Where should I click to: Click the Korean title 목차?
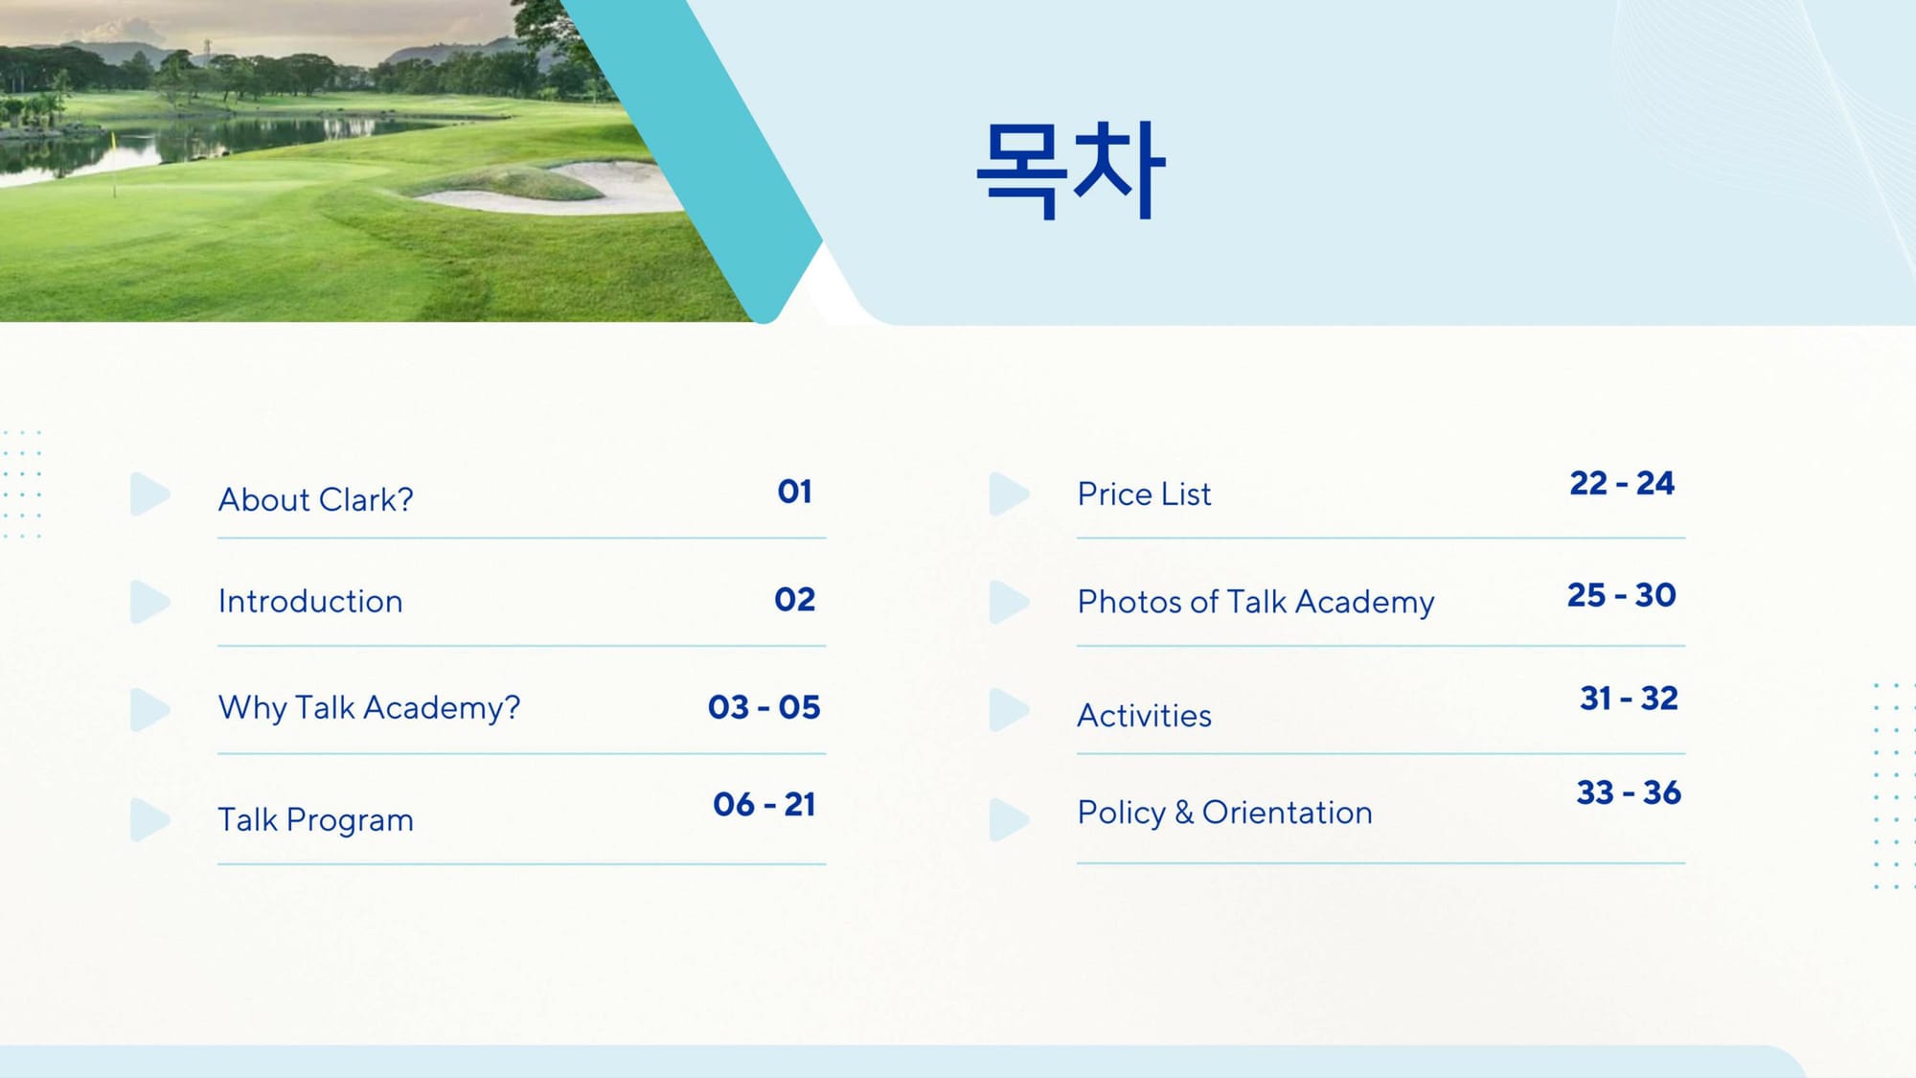[x=1070, y=171]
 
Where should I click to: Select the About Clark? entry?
[x=315, y=499]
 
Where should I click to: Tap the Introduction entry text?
[x=310, y=601]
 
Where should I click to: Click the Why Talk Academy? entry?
[x=369, y=707]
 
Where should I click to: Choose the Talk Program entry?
[x=315, y=819]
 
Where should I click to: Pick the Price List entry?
[x=1144, y=493]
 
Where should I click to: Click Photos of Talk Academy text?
[x=1256, y=602]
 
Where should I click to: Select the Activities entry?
[x=1144, y=715]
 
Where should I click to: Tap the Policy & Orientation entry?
[x=1224, y=812]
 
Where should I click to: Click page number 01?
[x=794, y=492]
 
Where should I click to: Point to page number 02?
[x=794, y=599]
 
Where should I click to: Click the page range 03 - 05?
[x=764, y=707]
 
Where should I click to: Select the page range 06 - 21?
[x=764, y=804]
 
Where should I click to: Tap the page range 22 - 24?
[x=1621, y=483]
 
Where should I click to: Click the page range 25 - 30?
[x=1621, y=595]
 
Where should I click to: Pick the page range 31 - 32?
[x=1629, y=698]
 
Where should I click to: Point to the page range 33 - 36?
[x=1629, y=792]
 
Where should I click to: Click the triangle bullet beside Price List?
[x=1008, y=493]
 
